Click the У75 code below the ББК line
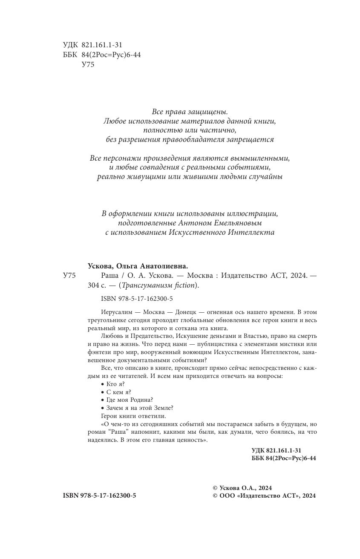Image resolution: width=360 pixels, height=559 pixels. point(87,64)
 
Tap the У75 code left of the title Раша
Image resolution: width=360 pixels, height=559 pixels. point(69,276)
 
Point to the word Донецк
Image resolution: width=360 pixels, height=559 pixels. point(199,312)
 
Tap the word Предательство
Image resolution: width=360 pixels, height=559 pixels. point(144,337)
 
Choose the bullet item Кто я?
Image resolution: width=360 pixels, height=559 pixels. point(113,384)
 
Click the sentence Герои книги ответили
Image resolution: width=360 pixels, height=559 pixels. point(133,416)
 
